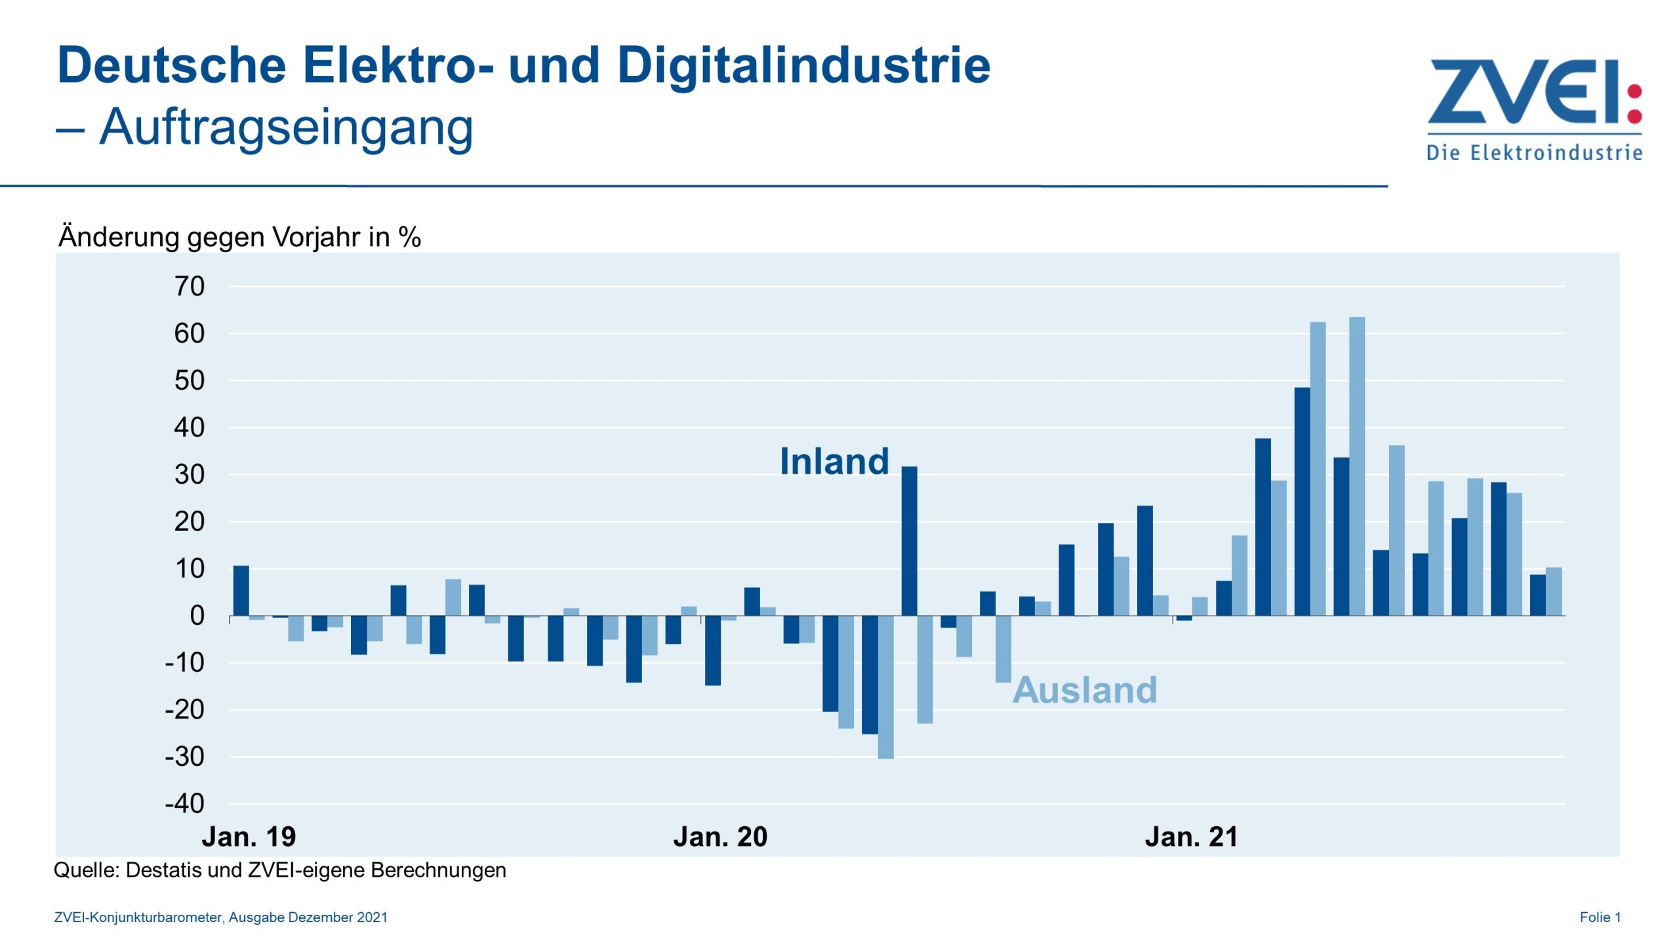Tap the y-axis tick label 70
[x=189, y=286]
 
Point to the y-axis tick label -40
[x=185, y=803]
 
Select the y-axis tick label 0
[x=197, y=616]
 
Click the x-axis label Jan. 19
[x=249, y=837]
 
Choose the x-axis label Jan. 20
[x=720, y=837]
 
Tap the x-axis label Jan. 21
[x=1191, y=837]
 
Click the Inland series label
[x=834, y=461]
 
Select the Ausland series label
[x=1085, y=690]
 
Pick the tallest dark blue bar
[x=1302, y=501]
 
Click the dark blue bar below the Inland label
[x=909, y=541]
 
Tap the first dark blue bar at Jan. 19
[x=241, y=591]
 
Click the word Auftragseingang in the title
[x=286, y=127]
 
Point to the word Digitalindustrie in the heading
[x=803, y=66]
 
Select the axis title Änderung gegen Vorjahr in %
[x=239, y=237]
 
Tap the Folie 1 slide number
[x=1600, y=917]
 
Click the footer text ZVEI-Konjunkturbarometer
[x=138, y=917]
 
